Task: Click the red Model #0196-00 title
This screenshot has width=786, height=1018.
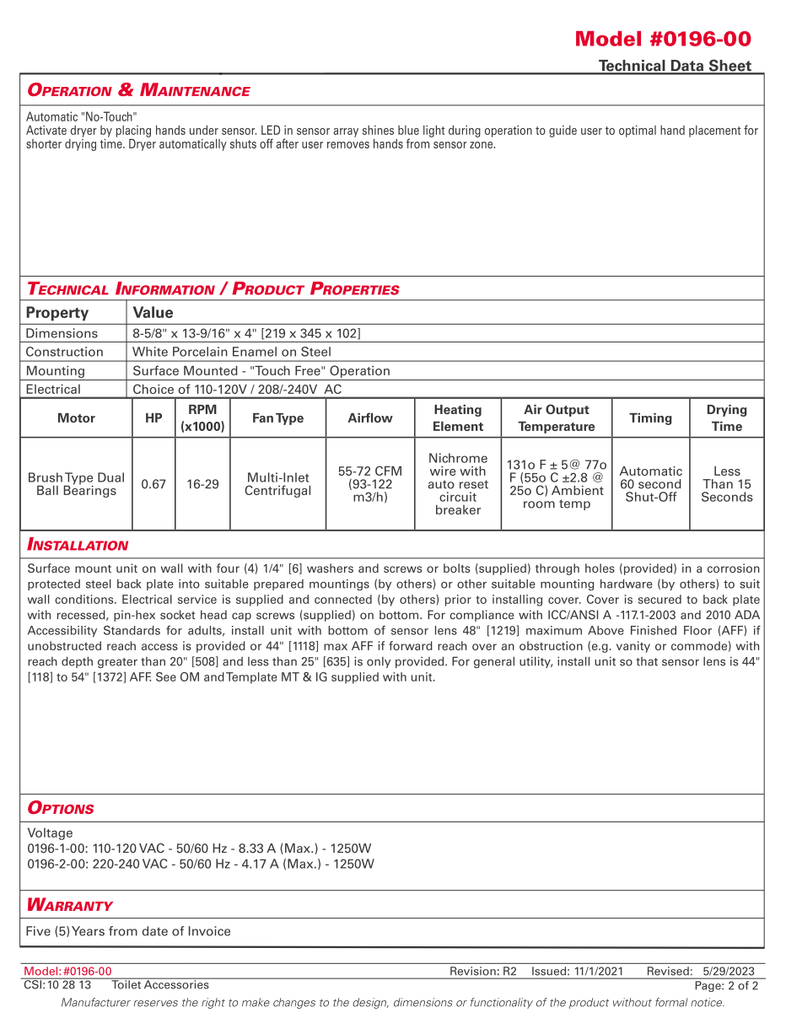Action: point(662,39)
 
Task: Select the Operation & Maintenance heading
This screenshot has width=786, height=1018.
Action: point(138,90)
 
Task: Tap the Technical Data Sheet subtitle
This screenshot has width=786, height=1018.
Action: point(674,66)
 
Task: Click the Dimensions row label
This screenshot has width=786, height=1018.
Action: point(62,333)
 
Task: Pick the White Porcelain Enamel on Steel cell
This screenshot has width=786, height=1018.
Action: point(232,352)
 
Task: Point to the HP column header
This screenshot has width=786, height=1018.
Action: point(153,418)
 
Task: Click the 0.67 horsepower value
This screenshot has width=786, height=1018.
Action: point(153,484)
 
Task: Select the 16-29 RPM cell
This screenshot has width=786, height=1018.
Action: point(202,484)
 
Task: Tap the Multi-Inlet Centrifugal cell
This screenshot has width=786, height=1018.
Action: point(277,484)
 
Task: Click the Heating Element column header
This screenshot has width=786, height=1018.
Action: point(457,418)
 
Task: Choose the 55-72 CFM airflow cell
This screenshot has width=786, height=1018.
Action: point(370,484)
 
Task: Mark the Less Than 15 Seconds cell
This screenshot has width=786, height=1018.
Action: point(726,484)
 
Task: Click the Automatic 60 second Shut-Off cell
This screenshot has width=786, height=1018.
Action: point(650,484)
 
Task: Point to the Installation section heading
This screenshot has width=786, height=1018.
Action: point(78,545)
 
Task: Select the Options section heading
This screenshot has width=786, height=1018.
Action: point(61,808)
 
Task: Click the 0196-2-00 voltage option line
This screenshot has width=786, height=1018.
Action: point(201,864)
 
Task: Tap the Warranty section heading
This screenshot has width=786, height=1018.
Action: point(70,905)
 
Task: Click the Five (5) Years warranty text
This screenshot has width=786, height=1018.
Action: point(128,931)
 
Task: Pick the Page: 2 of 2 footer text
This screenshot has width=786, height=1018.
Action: point(725,985)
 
